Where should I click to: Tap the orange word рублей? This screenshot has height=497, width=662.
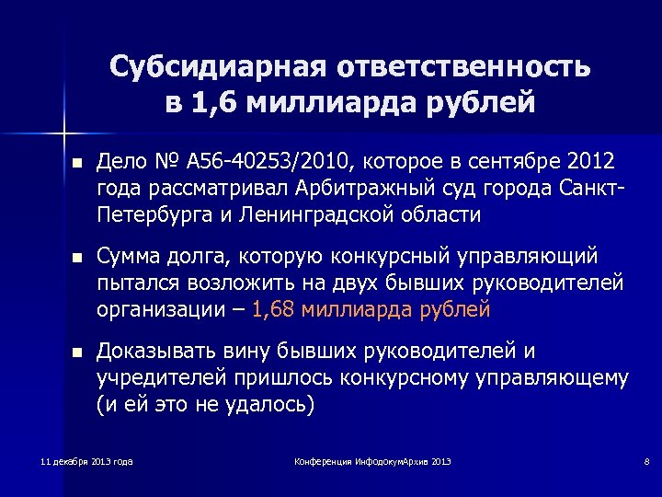pos(458,309)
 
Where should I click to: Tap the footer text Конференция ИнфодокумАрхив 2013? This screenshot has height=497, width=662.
pos(372,460)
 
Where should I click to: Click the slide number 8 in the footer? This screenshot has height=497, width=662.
pos(622,460)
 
